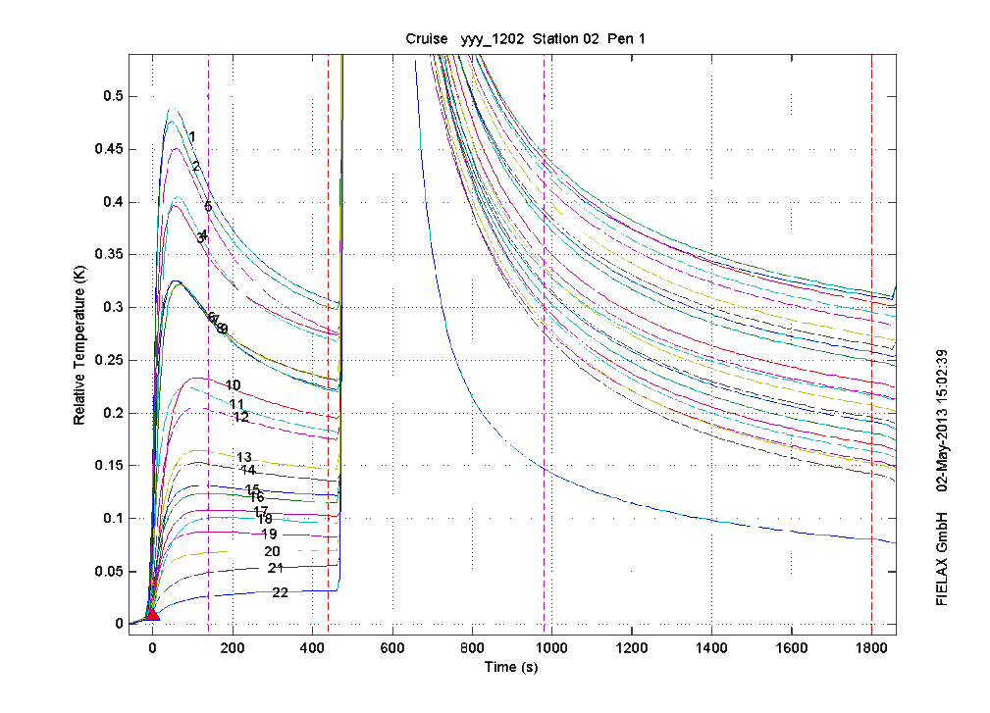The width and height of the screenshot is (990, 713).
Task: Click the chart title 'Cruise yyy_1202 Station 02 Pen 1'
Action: click(525, 39)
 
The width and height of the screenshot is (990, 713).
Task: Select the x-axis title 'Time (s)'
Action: click(510, 668)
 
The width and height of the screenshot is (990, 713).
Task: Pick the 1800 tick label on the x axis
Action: click(871, 647)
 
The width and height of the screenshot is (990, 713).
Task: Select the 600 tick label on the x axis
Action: click(392, 647)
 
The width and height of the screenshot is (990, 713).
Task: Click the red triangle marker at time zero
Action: click(152, 615)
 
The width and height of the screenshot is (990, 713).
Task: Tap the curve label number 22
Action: click(280, 592)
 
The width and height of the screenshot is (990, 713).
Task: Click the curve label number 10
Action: click(233, 384)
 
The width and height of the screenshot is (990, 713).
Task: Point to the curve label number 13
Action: click(244, 457)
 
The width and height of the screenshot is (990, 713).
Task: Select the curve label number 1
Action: click(192, 137)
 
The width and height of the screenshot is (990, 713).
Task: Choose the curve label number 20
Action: click(272, 552)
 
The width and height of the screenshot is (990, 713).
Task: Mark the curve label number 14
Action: click(248, 471)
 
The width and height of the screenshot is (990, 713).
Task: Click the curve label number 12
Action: click(240, 417)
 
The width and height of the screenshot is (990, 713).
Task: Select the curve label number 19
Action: click(269, 534)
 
